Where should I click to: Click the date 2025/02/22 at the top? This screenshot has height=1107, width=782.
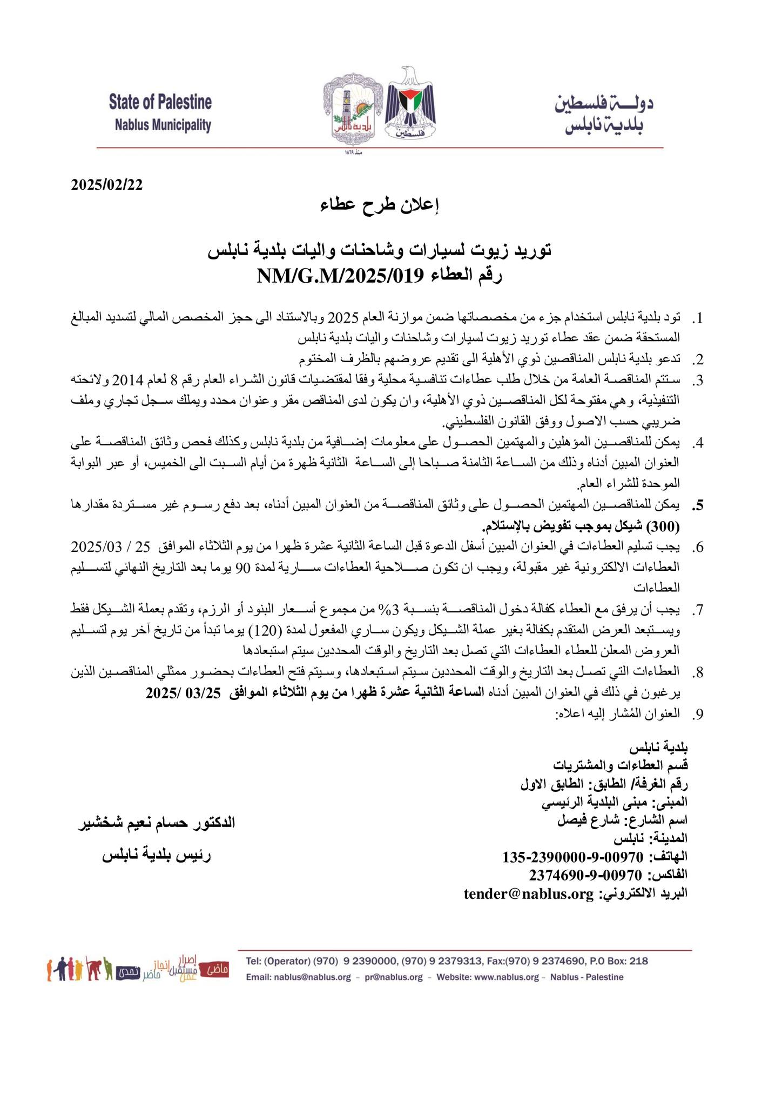[x=107, y=184]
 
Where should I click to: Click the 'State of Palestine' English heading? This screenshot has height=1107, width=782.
[x=160, y=102]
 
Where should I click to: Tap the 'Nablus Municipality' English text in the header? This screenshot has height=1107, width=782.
[x=163, y=126]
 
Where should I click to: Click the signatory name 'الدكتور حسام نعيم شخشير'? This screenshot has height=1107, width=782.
[x=157, y=823]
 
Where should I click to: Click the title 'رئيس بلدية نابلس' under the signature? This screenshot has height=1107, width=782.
[x=157, y=856]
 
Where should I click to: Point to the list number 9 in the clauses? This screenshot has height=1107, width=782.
[x=698, y=714]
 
